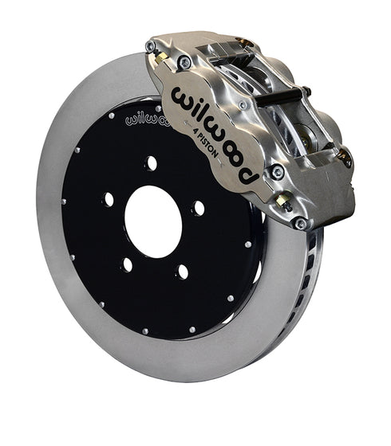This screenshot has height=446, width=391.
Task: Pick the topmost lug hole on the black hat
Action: point(151,162)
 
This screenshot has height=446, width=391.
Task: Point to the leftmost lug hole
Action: point(107,199)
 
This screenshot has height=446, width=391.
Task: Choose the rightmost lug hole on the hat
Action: point(198,209)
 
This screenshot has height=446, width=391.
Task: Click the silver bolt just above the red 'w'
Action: point(184,62)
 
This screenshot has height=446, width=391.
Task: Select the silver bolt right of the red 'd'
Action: point(277,170)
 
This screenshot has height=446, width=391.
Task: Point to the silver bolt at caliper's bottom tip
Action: point(300,224)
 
